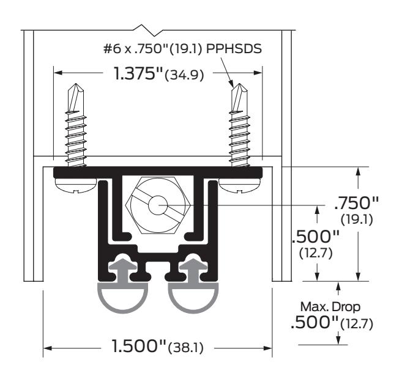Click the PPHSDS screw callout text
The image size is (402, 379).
[x=234, y=48]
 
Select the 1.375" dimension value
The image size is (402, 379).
[x=138, y=73]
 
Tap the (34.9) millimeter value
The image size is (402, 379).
[x=185, y=75]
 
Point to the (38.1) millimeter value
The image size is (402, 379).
[x=186, y=348]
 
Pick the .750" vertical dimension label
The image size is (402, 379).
[x=357, y=203]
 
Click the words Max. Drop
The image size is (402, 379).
[x=330, y=307]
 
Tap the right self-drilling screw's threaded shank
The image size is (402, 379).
[x=240, y=138]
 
